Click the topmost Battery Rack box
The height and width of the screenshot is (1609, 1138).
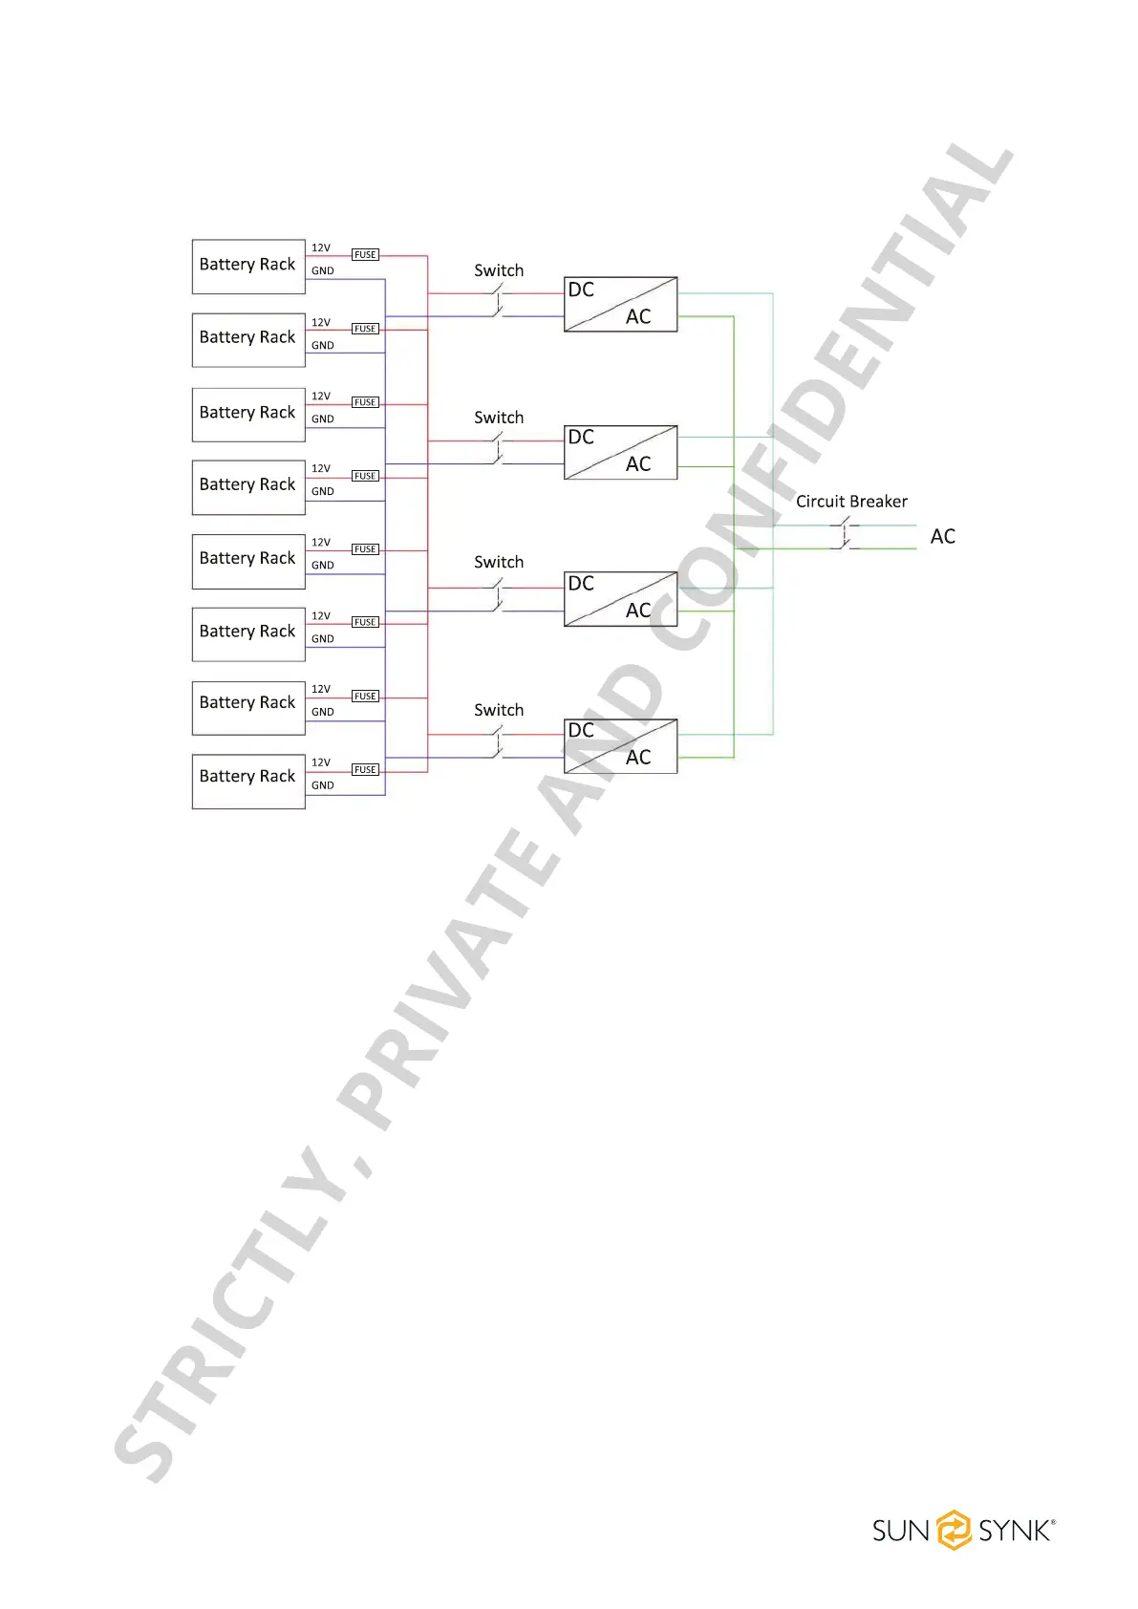click(248, 266)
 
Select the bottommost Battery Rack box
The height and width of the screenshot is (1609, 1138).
click(248, 781)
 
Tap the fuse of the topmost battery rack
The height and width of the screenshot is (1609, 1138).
click(365, 255)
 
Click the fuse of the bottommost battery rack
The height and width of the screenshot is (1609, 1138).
click(365, 769)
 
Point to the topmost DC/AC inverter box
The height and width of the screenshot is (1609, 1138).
click(620, 304)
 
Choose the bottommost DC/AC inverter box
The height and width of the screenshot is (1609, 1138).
click(620, 745)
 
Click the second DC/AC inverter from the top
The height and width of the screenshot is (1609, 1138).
click(620, 451)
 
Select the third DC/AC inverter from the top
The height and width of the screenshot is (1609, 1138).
click(620, 598)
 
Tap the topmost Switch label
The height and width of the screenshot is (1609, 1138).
click(499, 270)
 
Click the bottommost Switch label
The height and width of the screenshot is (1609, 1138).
click(499, 710)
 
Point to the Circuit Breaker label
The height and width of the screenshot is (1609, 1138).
click(851, 502)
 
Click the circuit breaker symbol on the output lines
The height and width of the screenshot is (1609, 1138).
click(846, 535)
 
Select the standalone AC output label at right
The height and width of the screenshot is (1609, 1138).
click(942, 537)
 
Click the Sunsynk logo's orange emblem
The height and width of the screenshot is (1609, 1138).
click(954, 1530)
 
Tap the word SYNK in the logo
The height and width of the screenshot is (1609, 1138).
click(1015, 1531)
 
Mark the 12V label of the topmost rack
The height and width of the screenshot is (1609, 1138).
click(321, 247)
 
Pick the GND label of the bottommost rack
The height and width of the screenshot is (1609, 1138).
click(323, 785)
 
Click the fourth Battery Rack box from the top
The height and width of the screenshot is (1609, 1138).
click(248, 486)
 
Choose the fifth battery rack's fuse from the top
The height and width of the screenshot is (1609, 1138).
click(365, 549)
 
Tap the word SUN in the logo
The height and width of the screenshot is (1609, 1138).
click(900, 1531)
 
